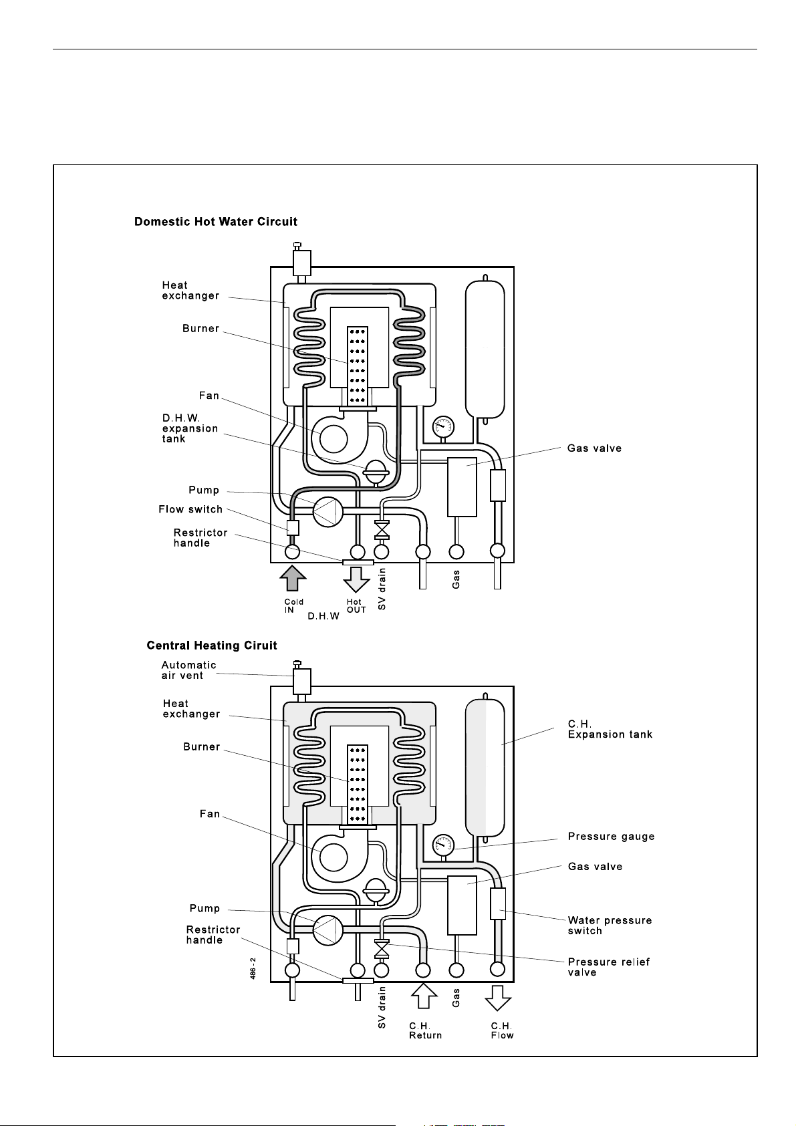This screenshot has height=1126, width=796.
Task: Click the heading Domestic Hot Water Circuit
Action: [x=216, y=222]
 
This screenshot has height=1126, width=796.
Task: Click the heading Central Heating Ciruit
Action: [x=212, y=646]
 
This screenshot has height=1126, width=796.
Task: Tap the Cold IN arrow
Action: [x=293, y=578]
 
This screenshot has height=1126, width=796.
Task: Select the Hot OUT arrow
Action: [x=356, y=579]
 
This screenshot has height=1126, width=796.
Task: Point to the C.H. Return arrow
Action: [x=424, y=996]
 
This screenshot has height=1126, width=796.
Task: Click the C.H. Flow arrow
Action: [x=498, y=998]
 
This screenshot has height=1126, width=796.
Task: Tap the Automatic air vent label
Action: [x=188, y=670]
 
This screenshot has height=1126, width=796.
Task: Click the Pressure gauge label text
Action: [x=611, y=837]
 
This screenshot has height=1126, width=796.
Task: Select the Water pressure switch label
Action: [x=610, y=926]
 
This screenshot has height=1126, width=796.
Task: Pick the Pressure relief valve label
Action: [x=608, y=967]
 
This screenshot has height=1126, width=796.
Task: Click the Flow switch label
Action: [x=190, y=509]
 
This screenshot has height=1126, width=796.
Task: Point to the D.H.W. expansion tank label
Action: [x=190, y=428]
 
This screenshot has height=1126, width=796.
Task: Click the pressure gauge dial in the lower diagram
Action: [x=443, y=845]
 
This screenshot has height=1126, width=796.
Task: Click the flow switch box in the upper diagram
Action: [x=293, y=528]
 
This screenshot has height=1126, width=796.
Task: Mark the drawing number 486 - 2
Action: [x=253, y=968]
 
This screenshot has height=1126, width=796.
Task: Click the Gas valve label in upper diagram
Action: [x=594, y=448]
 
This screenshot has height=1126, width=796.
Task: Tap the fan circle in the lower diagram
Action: [x=333, y=857]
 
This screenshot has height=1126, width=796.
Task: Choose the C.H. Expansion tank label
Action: [x=610, y=729]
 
